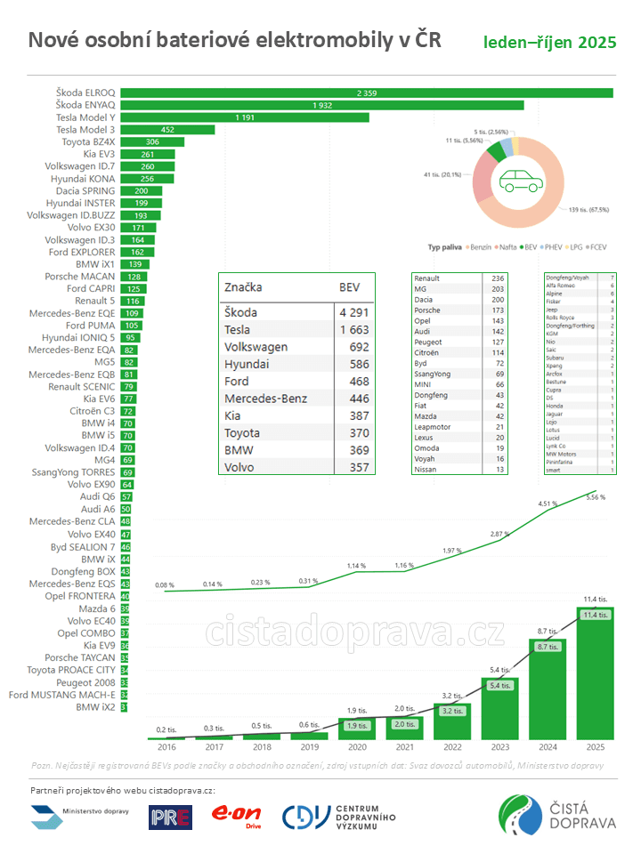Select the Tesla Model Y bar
point(245,117)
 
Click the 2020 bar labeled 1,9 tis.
point(354,726)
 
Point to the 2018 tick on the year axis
point(262,749)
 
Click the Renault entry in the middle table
point(428,278)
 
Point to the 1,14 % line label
point(355,566)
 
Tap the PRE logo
point(170,816)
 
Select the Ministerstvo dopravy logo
point(80,814)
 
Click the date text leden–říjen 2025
point(549,43)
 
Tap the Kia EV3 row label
point(93,154)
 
